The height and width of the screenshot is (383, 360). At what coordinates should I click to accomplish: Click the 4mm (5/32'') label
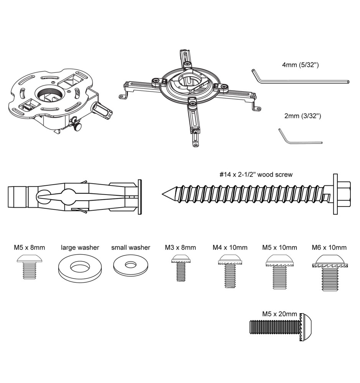coord(300,65)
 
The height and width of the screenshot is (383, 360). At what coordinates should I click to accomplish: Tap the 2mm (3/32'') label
coord(302,116)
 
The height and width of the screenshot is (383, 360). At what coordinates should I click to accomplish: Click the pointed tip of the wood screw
coord(163,194)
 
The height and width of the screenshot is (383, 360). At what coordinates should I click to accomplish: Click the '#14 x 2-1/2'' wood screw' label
coord(256,174)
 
